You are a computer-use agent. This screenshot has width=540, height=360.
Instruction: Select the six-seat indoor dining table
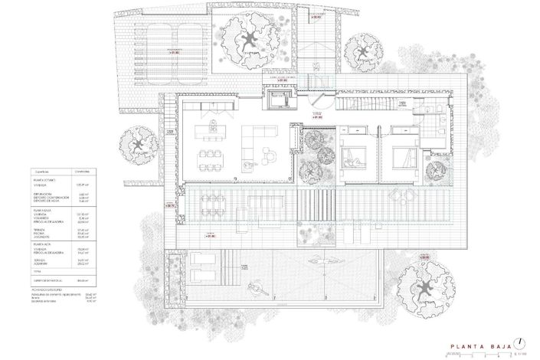tap(208, 159)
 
